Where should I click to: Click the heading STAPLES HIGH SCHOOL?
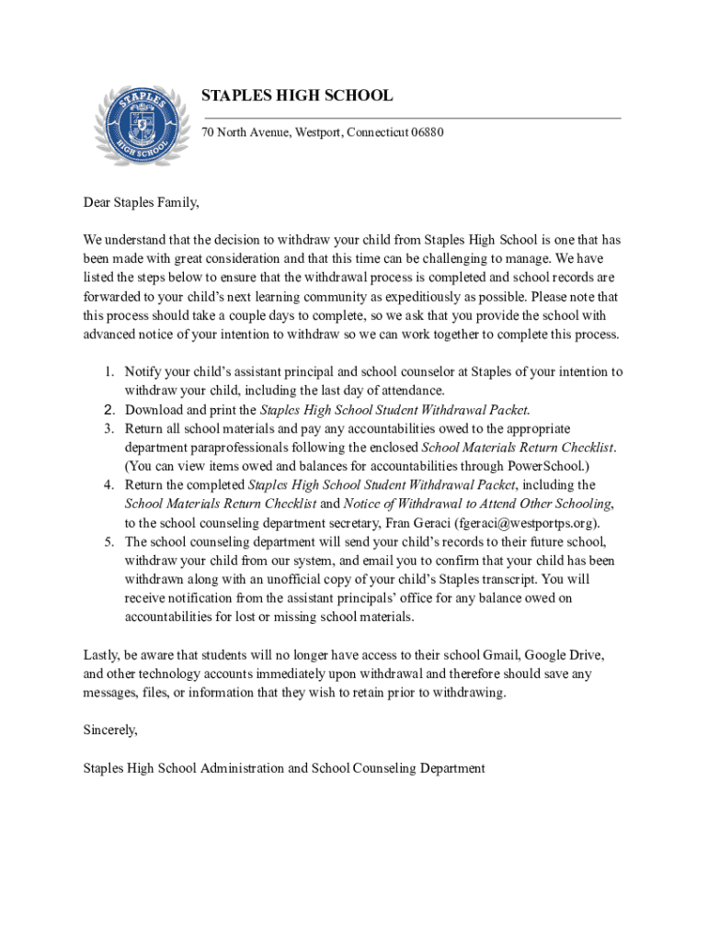tap(297, 96)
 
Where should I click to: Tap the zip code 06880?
tap(425, 132)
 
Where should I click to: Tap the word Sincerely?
tap(110, 731)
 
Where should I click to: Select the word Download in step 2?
tap(153, 410)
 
